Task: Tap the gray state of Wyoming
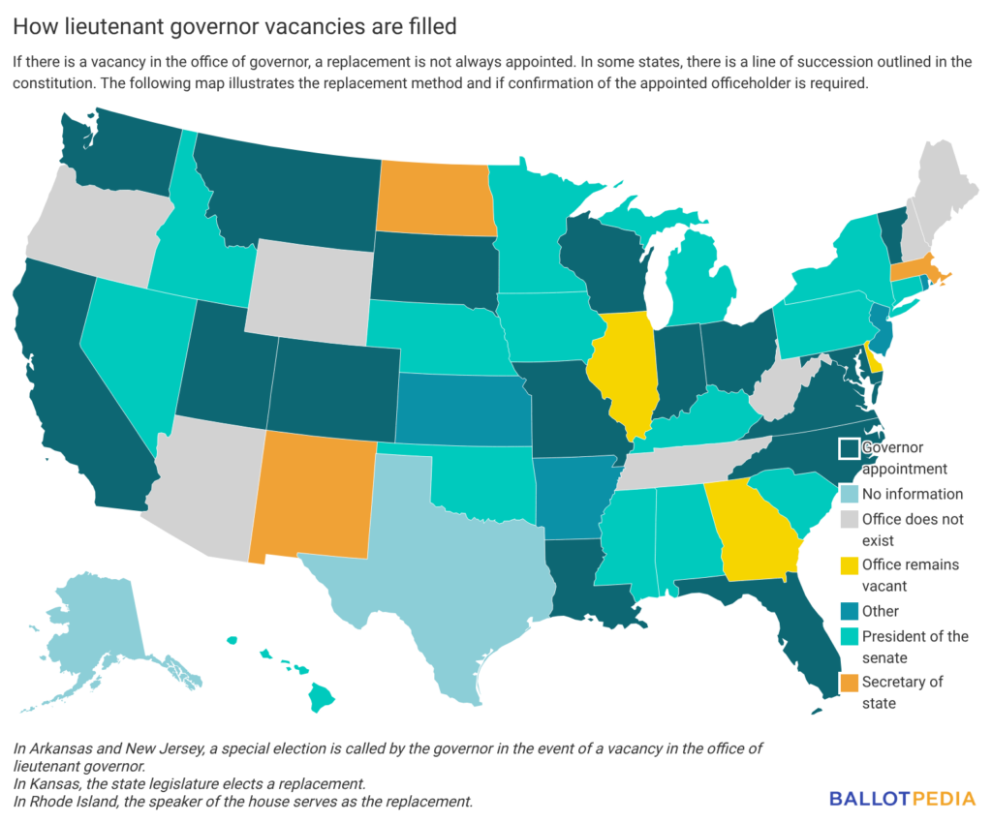pos(310,286)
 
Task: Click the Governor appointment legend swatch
pos(848,448)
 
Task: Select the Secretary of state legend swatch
pos(848,683)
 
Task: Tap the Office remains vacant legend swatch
pos(848,565)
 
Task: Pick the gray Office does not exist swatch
pos(848,519)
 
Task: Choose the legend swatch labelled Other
pos(848,612)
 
